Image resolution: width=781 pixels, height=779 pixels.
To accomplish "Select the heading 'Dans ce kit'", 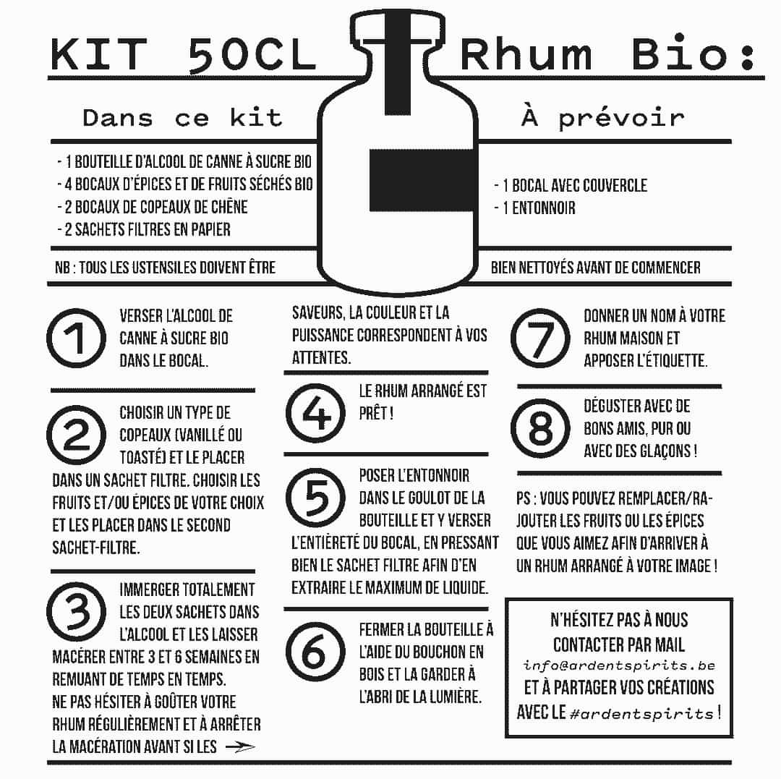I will click(x=182, y=118).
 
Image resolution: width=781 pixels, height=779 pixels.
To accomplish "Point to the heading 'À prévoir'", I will click(x=602, y=118).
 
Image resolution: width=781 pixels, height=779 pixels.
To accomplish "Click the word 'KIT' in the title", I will click(x=100, y=56).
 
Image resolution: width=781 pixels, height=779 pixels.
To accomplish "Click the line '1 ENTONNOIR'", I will click(x=535, y=208).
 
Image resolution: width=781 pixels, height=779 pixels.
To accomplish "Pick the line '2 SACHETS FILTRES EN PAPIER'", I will click(x=144, y=229).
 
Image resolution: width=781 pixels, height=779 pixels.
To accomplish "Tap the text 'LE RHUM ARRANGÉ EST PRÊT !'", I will click(x=423, y=403).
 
